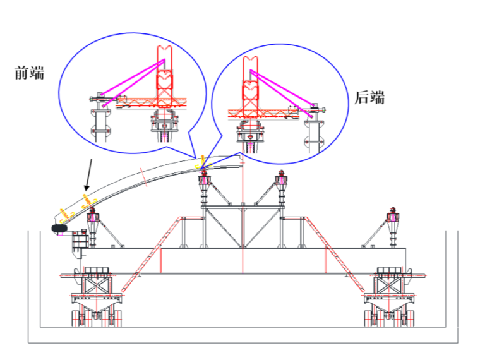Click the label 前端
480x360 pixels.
[29, 73]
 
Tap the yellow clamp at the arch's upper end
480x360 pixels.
[201, 161]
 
